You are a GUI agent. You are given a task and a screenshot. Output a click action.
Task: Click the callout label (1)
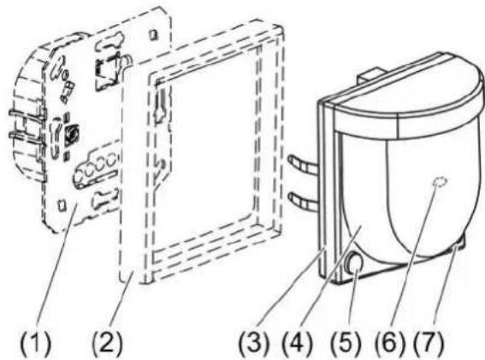pos(35,343)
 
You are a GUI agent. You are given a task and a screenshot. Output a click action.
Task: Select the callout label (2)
pos(107,343)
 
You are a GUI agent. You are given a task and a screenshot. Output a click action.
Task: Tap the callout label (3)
pos(254,343)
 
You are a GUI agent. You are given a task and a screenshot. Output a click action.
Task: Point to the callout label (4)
pos(297,343)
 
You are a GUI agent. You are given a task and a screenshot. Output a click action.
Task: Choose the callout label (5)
pos(346,343)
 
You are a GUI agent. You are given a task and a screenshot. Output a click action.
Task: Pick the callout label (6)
pos(390,343)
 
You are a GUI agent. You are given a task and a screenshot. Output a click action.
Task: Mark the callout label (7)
pos(429,343)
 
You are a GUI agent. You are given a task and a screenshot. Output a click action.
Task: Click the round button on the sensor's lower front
pos(354,263)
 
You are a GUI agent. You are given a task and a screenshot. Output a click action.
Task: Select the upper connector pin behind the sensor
pos(304,163)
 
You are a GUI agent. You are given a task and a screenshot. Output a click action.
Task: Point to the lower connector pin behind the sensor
pos(304,200)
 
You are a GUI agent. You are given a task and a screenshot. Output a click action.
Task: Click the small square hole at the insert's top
pos(153,34)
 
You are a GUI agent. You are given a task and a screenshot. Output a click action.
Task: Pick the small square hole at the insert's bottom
pos(62,205)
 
